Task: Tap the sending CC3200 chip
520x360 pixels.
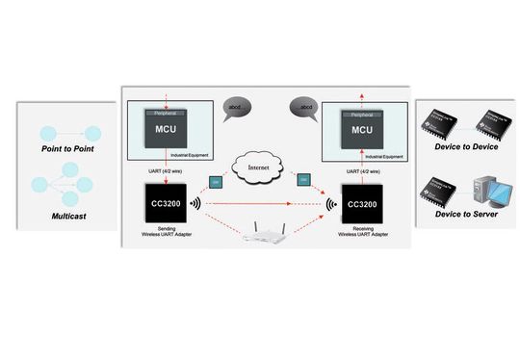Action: pyautogui.click(x=162, y=206)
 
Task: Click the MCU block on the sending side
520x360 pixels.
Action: pyautogui.click(x=162, y=130)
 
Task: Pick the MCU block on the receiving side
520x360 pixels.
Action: pyautogui.click(x=362, y=131)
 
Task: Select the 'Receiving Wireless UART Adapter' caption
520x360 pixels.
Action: pyautogui.click(x=362, y=236)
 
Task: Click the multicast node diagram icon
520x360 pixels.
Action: pyautogui.click(x=65, y=185)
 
